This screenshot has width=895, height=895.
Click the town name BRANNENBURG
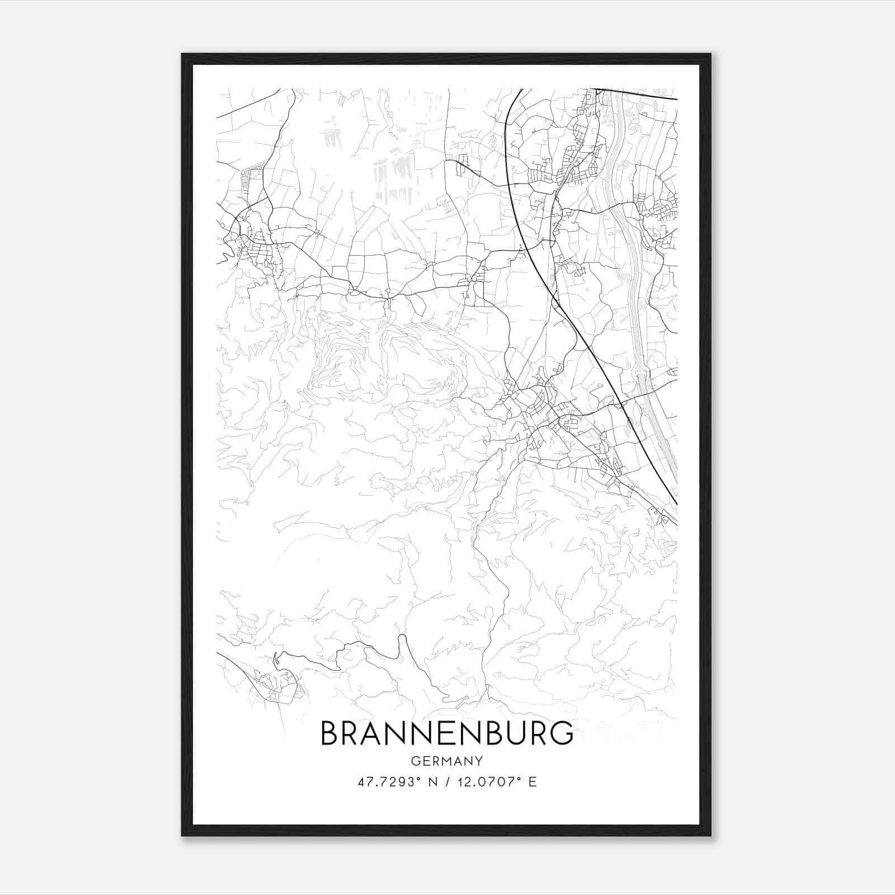point(447,733)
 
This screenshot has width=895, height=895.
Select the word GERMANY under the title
point(447,761)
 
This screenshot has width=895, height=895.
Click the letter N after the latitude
point(433,782)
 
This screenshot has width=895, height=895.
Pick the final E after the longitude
point(533,782)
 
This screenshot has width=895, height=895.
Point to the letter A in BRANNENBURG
point(381,733)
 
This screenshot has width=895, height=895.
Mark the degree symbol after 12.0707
point(520,779)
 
